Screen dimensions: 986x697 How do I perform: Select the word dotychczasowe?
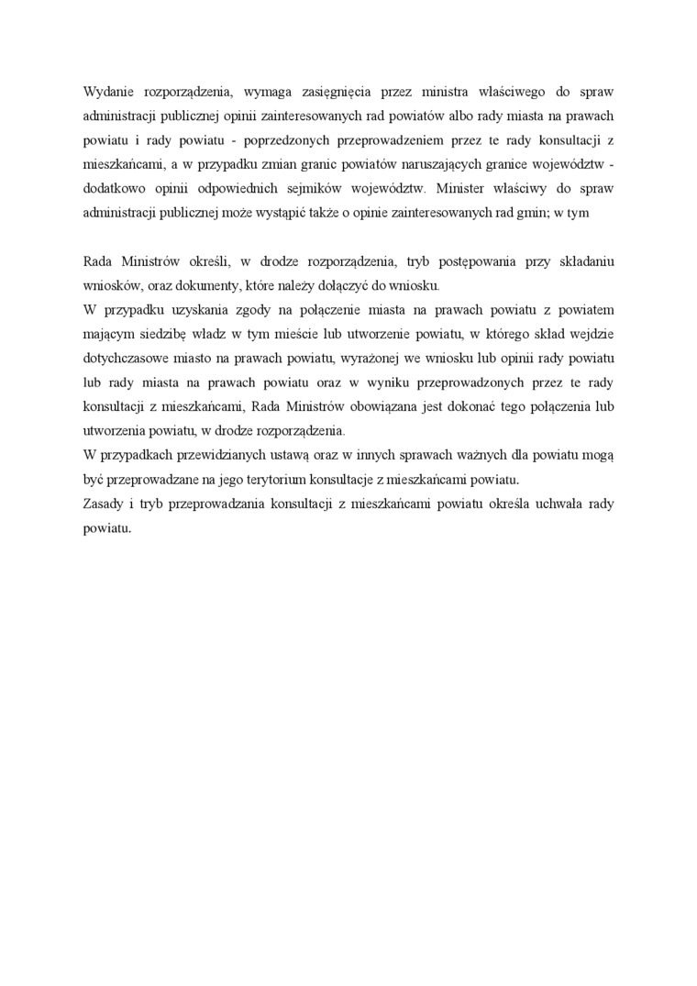coord(126,356)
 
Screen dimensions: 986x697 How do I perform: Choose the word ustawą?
coord(273,455)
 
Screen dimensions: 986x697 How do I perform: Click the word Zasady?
coord(103,504)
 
